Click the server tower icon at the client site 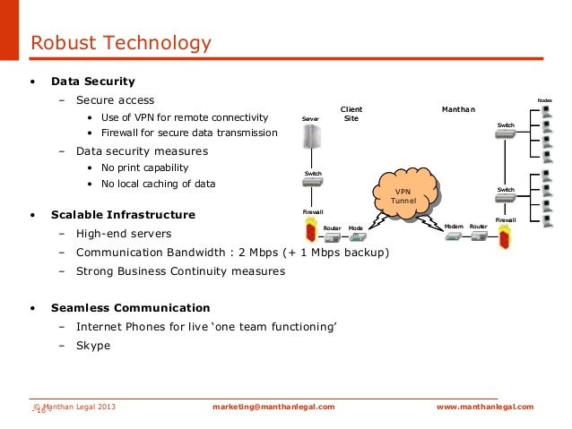311,140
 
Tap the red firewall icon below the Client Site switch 311,229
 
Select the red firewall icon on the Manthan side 506,239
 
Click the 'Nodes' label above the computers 544,99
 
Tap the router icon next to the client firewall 334,238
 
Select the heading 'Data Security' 93,82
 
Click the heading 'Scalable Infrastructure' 123,215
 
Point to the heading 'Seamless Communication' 130,307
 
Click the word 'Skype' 93,345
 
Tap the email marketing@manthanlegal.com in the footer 273,407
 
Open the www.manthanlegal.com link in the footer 484,407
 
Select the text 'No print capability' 144,167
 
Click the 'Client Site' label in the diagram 351,114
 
